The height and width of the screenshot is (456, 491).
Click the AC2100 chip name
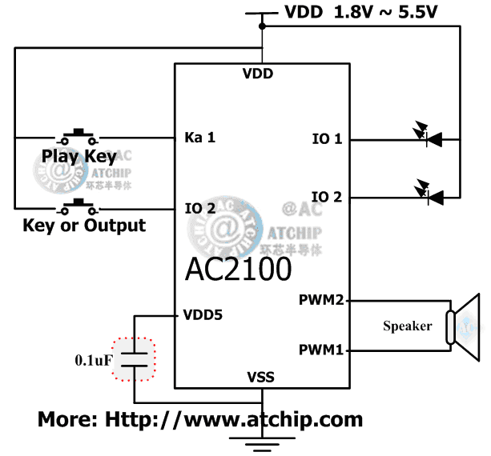tap(238, 270)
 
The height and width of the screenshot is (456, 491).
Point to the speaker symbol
tap(463, 325)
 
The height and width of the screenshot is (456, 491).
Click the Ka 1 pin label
tap(199, 138)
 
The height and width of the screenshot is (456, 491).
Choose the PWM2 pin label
tap(321, 301)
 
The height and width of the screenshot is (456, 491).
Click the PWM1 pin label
tap(321, 350)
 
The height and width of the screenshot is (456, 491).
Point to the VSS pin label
tap(261, 376)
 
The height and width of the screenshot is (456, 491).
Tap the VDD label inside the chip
tap(258, 74)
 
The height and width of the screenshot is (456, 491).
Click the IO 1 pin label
tap(327, 139)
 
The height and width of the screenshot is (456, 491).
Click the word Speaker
tap(407, 326)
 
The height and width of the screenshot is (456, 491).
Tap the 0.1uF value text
tap(95, 359)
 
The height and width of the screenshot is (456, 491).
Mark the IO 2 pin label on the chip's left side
tap(199, 210)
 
